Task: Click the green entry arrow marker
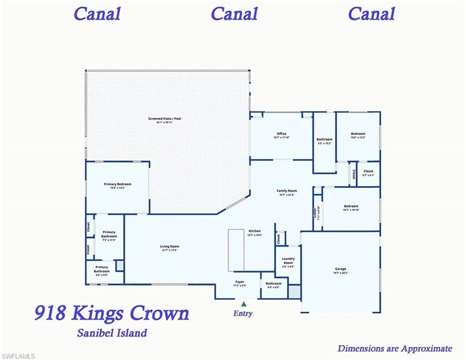[x=243, y=304]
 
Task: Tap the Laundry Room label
[x=288, y=261]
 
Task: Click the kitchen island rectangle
[x=236, y=250]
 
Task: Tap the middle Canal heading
[x=234, y=14]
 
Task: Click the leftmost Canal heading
[x=97, y=14]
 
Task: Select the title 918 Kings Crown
[x=111, y=313]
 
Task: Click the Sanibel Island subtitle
[x=111, y=333]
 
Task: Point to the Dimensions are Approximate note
[x=394, y=348]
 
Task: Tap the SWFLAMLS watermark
[x=18, y=356]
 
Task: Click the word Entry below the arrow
[x=243, y=314]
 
